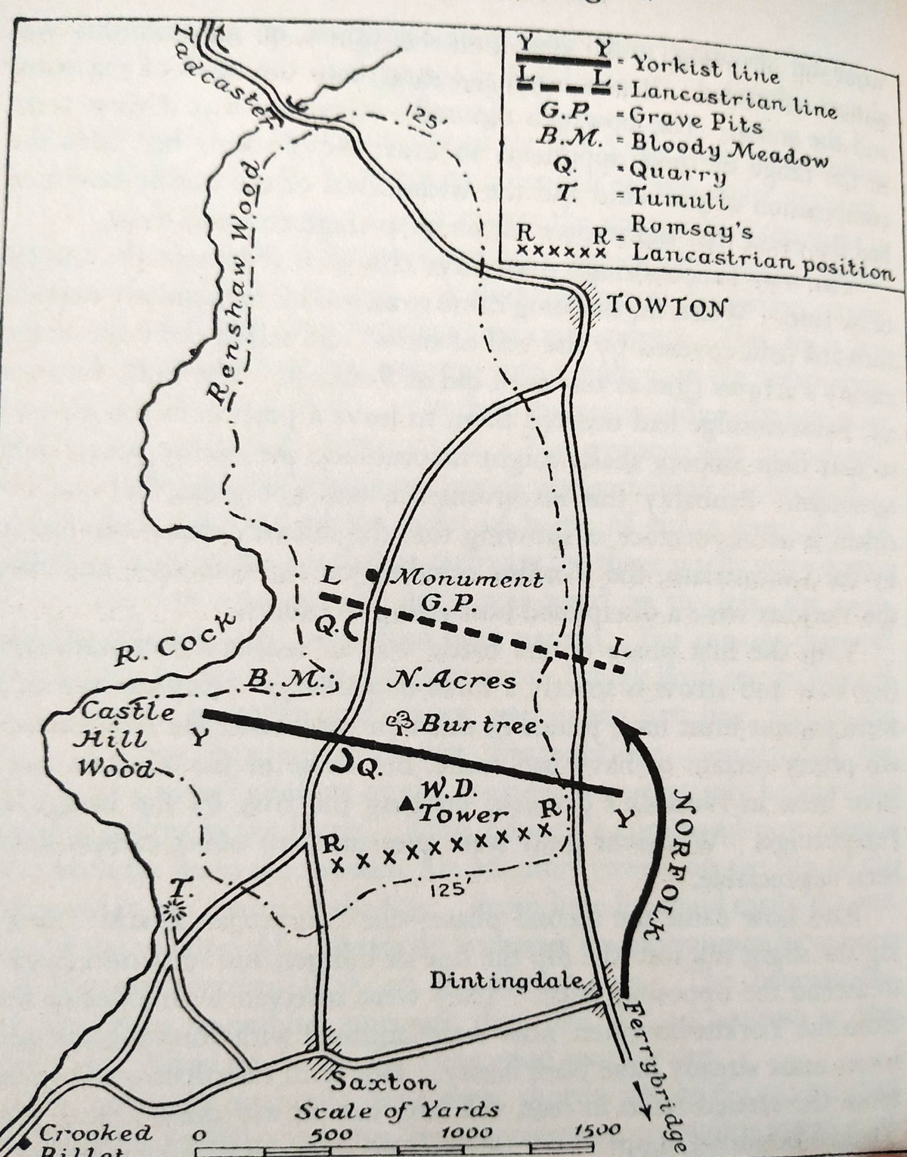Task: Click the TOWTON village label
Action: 667,308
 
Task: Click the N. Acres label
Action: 450,680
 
